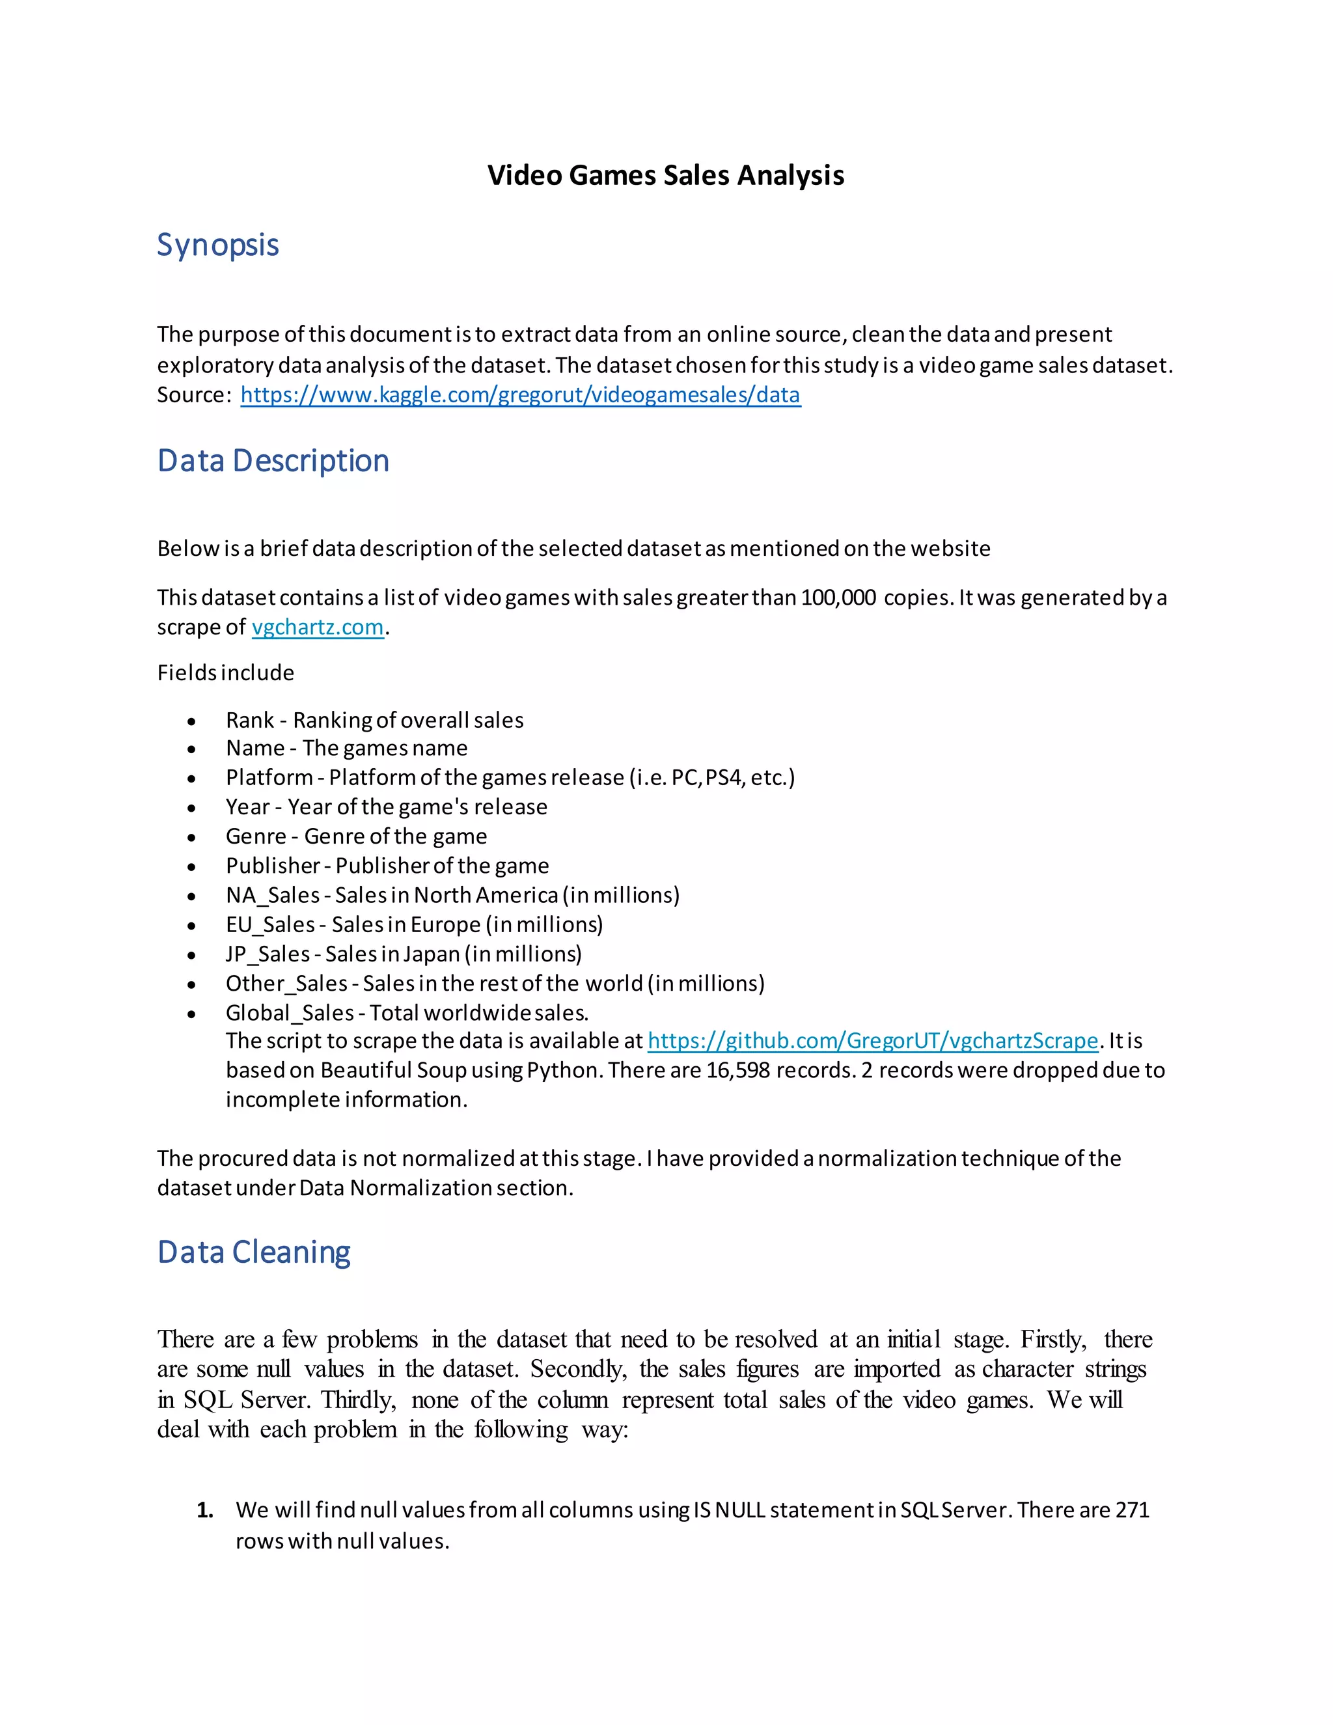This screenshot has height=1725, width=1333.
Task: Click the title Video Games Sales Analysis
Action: click(665, 174)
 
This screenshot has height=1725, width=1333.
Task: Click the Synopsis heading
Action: click(217, 245)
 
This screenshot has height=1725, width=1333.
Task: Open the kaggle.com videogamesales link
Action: click(521, 395)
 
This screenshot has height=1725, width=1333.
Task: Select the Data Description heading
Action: click(273, 460)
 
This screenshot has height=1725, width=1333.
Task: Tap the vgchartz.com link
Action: click(318, 627)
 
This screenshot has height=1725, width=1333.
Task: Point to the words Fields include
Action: click(225, 673)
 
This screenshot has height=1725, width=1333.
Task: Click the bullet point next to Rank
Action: click(191, 721)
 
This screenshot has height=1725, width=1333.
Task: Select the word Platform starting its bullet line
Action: click(269, 778)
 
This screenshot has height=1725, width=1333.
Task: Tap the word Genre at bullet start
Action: click(256, 836)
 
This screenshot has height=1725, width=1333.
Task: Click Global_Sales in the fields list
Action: click(290, 1013)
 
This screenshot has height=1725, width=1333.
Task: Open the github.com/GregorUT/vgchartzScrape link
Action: click(873, 1041)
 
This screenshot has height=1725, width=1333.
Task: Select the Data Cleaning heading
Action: click(253, 1252)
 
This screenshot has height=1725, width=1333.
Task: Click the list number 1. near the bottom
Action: click(204, 1510)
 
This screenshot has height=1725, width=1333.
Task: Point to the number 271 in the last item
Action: click(1132, 1510)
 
